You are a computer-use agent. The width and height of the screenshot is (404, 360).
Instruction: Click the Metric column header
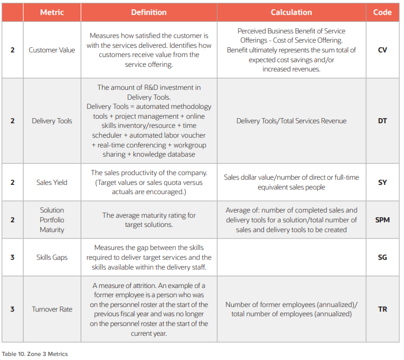point(52,12)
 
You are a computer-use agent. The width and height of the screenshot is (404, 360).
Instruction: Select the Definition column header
point(149,12)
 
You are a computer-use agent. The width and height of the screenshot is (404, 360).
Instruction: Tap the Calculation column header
point(291,12)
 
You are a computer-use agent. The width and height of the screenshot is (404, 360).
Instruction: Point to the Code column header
point(382,12)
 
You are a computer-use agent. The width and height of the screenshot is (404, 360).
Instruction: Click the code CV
point(382,50)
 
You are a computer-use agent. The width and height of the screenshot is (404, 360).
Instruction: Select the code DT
point(382,121)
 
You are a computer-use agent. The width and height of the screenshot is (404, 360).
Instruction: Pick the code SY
point(382,183)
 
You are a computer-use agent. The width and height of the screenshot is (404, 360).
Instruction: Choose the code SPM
point(382,220)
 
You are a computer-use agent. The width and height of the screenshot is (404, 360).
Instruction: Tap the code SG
point(382,257)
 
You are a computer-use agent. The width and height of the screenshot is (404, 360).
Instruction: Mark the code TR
point(382,309)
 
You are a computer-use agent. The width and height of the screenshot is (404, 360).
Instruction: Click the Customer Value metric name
point(52,50)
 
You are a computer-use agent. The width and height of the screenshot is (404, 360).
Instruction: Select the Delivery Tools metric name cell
point(52,121)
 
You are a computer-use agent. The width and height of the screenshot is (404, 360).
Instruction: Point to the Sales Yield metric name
point(52,183)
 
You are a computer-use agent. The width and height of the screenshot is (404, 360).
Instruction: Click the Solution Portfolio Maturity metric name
point(52,220)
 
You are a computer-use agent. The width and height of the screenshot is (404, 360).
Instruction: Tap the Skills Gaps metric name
point(52,257)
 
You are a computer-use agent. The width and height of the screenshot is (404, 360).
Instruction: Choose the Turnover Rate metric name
point(52,309)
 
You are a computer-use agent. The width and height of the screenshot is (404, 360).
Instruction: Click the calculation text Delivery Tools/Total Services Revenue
point(291,121)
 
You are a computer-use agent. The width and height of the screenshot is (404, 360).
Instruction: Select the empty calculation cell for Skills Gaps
point(291,257)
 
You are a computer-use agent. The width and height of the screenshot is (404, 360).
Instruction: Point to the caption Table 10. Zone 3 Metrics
point(35,354)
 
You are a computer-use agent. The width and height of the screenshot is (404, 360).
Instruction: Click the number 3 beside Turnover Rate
point(12,309)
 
